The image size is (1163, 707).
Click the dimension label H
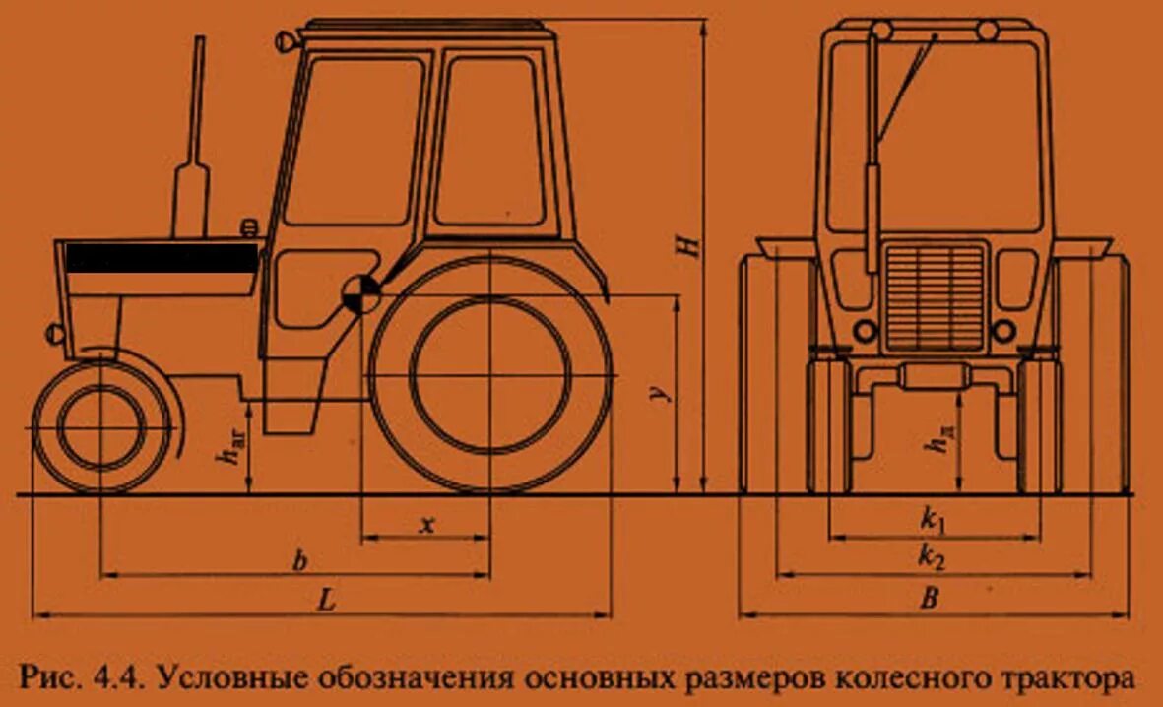click(x=693, y=244)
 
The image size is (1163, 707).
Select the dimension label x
click(x=426, y=525)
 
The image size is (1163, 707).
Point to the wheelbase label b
click(x=300, y=561)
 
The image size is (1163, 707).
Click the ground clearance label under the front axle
click(x=231, y=453)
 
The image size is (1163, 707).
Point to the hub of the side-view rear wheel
click(x=489, y=377)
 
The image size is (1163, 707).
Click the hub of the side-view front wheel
click(x=100, y=427)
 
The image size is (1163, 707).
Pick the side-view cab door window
click(x=490, y=140)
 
